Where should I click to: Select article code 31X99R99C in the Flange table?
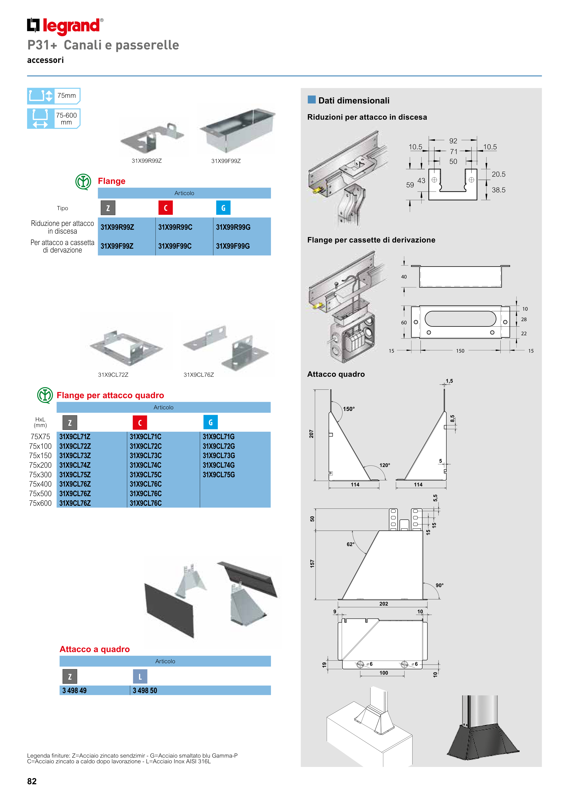[175, 227]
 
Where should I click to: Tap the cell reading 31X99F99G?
[233, 246]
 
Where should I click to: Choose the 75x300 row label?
[40, 475]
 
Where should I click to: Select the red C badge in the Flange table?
[165, 208]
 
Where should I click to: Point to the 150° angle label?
[348, 409]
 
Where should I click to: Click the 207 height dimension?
[311, 434]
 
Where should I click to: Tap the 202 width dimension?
[384, 604]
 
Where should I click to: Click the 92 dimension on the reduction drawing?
[453, 141]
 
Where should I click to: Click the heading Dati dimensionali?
[354, 101]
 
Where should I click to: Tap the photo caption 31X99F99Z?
[226, 161]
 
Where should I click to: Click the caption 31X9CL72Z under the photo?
[113, 375]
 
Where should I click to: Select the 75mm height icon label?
[66, 96]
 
